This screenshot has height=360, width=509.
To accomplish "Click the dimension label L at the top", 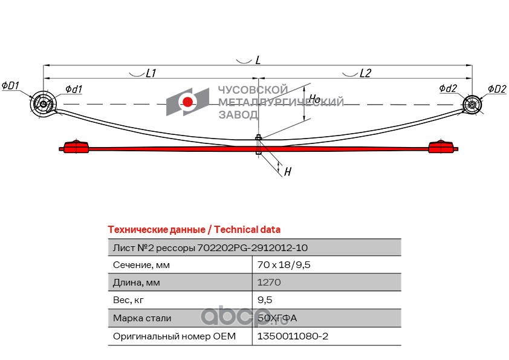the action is tap(258, 60).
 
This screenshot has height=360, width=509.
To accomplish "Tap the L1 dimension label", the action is tap(151, 73).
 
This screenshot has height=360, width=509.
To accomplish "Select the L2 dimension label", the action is tap(365, 73).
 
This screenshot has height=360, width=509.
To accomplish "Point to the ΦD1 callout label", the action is tap(10, 86).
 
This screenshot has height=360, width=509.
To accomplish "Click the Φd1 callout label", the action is tap(73, 90).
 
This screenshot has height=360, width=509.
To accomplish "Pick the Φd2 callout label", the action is tap(448, 89).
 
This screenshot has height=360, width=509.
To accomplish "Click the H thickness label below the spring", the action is tap(288, 172).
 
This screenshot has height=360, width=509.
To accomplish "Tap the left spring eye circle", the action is tap(43, 105).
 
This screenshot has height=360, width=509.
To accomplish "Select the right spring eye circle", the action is tap(472, 105).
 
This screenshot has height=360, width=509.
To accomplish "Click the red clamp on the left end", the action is tap(76, 147).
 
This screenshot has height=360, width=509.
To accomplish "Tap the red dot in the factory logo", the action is tap(188, 102).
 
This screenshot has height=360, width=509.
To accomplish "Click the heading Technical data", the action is tap(193, 229).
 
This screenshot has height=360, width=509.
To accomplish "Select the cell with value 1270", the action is tap(268, 283).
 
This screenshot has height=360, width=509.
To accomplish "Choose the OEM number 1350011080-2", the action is tap(293, 336).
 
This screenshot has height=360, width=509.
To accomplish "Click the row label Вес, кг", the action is tap(129, 300).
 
